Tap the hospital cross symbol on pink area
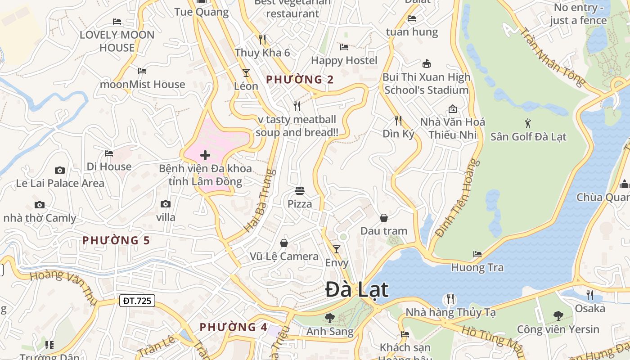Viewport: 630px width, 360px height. pos(205,156)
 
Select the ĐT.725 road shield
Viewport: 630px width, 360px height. pos(137,301)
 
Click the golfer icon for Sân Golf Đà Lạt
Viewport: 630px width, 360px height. pos(528,123)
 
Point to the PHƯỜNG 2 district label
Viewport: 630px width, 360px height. pos(300,80)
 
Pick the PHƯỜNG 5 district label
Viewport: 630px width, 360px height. pos(116,240)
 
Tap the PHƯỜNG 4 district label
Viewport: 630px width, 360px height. pos(234,327)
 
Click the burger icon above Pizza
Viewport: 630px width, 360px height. pos(300,191)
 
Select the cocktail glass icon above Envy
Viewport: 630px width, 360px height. pos(337,249)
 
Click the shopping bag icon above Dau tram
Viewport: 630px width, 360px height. pos(384,218)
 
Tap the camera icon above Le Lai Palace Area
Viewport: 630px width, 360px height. pos(60,170)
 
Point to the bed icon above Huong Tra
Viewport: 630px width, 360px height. pos(477,254)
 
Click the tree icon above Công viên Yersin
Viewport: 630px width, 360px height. pos(558,316)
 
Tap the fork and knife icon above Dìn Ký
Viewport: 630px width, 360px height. pos(398,120)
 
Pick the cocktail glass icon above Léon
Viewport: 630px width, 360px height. pos(246,72)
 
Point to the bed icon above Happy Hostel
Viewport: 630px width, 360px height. pos(344,47)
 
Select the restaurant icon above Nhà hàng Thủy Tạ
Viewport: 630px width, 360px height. pos(450,299)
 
